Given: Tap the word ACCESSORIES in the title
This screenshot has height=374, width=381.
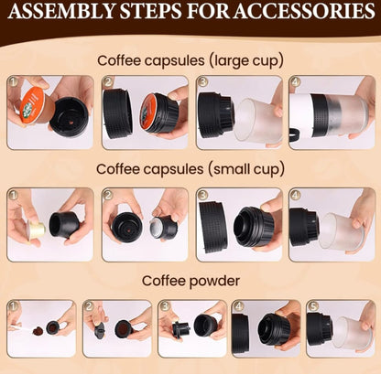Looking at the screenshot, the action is point(305,11).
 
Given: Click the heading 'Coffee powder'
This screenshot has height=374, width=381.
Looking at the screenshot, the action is point(190,281).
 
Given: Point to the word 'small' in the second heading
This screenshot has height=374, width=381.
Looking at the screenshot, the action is point(225,169).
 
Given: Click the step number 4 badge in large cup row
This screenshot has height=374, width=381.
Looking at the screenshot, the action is point(296,81).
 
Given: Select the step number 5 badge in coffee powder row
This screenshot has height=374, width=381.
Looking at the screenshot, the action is point(312,305).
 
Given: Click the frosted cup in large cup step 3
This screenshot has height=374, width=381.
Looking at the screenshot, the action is point(256,121).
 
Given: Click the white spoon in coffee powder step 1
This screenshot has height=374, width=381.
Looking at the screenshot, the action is point(22,328).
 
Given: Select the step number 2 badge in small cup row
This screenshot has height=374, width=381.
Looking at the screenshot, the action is point(108,194).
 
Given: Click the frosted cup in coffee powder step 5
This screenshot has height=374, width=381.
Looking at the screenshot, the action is point(352,333).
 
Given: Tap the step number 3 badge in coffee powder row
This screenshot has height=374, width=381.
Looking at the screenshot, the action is point(165,305).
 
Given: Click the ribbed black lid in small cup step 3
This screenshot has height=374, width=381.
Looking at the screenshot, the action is point(212,228).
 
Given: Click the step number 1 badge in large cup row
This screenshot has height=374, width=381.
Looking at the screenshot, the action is point(12,81).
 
